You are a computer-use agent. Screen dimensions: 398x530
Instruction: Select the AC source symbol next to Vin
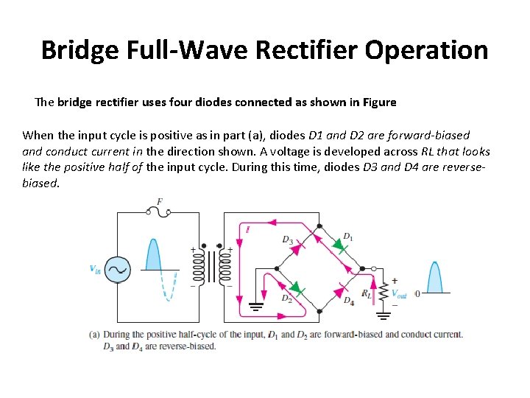click(x=116, y=270)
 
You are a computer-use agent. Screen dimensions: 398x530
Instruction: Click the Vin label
click(x=95, y=269)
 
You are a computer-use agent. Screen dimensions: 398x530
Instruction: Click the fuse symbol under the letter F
click(x=160, y=212)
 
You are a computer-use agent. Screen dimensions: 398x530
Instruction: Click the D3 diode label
click(x=287, y=240)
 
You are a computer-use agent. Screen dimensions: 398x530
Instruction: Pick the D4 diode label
click(x=348, y=301)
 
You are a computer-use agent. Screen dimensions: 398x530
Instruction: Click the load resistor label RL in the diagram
click(x=367, y=293)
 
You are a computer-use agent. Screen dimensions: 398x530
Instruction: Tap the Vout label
click(x=398, y=293)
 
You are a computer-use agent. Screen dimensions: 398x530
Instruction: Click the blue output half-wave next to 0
click(x=436, y=277)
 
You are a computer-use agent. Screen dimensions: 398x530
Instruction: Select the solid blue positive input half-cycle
click(x=153, y=254)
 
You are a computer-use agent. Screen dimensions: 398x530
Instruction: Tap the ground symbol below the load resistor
click(x=384, y=317)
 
